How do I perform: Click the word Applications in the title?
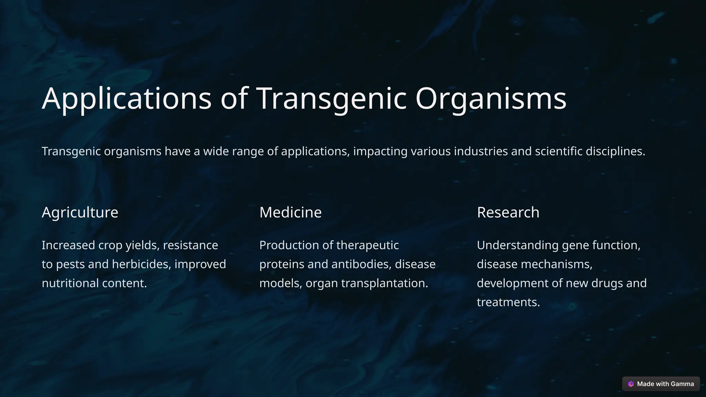[127, 99]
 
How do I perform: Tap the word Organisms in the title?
[491, 99]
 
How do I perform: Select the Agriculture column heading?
[80, 212]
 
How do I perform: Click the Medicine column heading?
[290, 212]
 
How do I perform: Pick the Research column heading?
[508, 212]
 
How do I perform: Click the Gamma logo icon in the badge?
[631, 384]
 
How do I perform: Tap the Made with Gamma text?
[665, 384]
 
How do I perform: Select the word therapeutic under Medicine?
[367, 245]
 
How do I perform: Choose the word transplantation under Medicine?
[384, 283]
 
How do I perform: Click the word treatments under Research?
[508, 302]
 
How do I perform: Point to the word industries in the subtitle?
[481, 151]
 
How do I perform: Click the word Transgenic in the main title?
[332, 99]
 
